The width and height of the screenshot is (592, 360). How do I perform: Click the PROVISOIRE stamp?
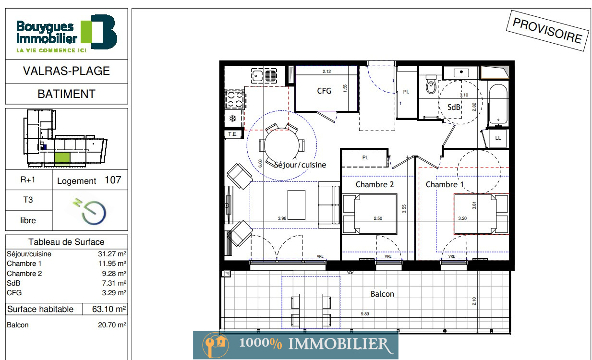pyautogui.click(x=547, y=30)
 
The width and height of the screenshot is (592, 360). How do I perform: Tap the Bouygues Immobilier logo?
pyautogui.click(x=67, y=34)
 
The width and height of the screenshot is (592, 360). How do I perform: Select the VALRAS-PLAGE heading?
pyautogui.click(x=66, y=71)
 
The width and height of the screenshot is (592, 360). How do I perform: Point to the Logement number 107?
pyautogui.click(x=113, y=180)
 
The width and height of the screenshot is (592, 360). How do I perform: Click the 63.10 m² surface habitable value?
pyautogui.click(x=109, y=309)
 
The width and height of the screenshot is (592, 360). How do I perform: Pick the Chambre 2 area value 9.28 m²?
pyautogui.click(x=114, y=274)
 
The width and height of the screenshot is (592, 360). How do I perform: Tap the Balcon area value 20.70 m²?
pyautogui.click(x=112, y=324)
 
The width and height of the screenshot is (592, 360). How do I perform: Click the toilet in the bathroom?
pyautogui.click(x=431, y=84)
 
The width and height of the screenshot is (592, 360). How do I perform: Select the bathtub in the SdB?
pyautogui.click(x=498, y=104)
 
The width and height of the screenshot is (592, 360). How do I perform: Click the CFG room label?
pyautogui.click(x=324, y=91)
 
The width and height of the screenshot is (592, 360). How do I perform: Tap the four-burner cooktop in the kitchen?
pyautogui.click(x=235, y=99)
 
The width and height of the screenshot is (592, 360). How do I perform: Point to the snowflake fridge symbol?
pyautogui.click(x=232, y=119)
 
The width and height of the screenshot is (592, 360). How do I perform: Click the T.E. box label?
pyautogui.click(x=232, y=134)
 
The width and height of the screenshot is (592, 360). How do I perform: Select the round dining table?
pyautogui.click(x=281, y=144)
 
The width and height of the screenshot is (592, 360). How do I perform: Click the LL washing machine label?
pyautogui.click(x=498, y=138)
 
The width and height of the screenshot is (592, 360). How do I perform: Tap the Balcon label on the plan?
pyautogui.click(x=382, y=294)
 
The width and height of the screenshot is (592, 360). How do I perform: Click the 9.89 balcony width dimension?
pyautogui.click(x=365, y=314)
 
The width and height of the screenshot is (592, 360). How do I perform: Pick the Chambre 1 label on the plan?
pyautogui.click(x=445, y=184)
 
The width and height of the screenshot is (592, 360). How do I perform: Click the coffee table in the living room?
pyautogui.click(x=296, y=205)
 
